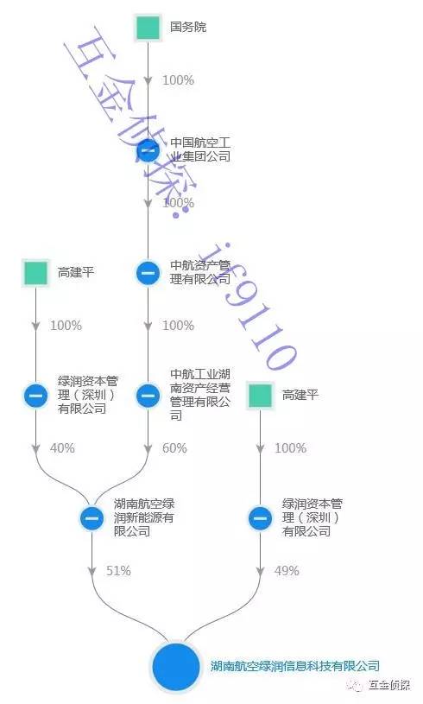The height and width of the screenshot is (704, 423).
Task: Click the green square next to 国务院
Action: pyautogui.click(x=148, y=28)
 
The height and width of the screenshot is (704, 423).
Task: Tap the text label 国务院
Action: pyautogui.click(x=188, y=27)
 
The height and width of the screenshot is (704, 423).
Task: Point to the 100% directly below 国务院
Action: pyautogui.click(x=178, y=80)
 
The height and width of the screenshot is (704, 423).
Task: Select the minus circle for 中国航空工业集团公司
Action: pyautogui.click(x=148, y=150)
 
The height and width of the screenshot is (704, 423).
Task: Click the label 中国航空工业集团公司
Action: pyautogui.click(x=200, y=150)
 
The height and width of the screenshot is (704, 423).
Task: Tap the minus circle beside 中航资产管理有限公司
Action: pyautogui.click(x=148, y=273)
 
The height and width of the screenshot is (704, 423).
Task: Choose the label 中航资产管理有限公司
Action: pyautogui.click(x=200, y=273)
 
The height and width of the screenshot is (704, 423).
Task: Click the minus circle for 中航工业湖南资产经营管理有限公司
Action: pyautogui.click(x=148, y=396)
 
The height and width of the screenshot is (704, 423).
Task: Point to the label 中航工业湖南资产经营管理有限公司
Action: pyautogui.click(x=200, y=395)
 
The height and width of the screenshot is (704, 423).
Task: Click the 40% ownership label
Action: pyautogui.click(x=62, y=448)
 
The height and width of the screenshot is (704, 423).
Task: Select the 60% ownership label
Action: pyautogui.click(x=174, y=448)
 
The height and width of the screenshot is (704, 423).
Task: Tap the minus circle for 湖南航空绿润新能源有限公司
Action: pyautogui.click(x=92, y=518)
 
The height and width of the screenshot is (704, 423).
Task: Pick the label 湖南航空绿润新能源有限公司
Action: pyautogui.click(x=144, y=517)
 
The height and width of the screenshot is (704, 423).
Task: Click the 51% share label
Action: pyautogui.click(x=118, y=571)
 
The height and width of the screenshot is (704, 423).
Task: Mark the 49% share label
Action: pyautogui.click(x=287, y=571)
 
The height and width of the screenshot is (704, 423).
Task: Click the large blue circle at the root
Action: pyautogui.click(x=176, y=667)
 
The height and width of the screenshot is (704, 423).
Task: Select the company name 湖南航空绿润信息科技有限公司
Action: pyautogui.click(x=295, y=666)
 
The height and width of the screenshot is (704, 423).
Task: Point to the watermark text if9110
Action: pyautogui.click(x=254, y=306)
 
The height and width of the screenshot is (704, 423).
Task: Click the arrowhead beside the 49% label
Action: pyautogui.click(x=260, y=571)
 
